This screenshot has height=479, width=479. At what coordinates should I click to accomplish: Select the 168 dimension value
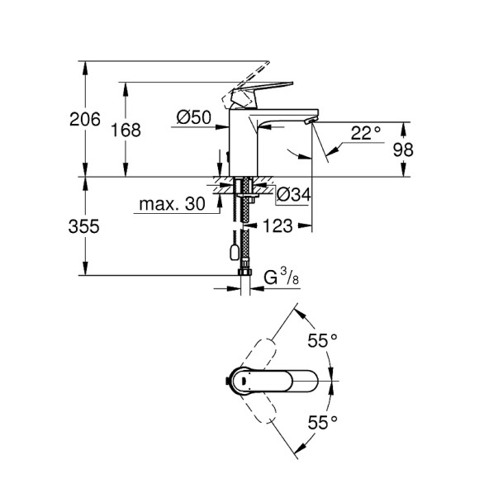click(125, 130)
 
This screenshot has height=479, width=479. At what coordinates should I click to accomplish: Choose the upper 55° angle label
click(322, 339)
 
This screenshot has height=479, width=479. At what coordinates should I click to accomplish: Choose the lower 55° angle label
click(322, 423)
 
